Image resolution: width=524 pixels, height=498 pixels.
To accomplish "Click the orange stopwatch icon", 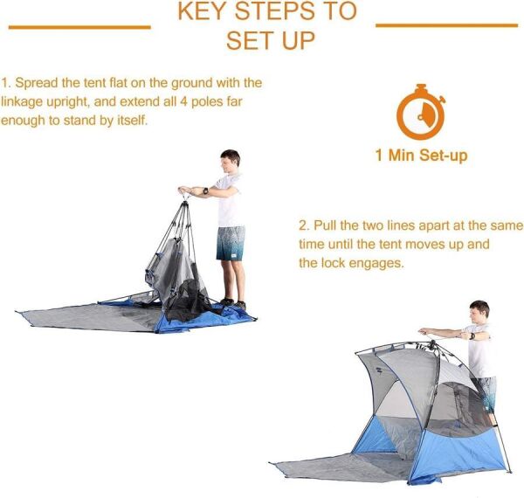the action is click(x=421, y=113).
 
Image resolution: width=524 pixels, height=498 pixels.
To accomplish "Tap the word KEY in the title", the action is click(x=203, y=11).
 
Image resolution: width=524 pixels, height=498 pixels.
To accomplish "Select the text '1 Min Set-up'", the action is click(x=422, y=156).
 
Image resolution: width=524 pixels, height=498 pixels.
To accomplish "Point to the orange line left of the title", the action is click(x=79, y=27).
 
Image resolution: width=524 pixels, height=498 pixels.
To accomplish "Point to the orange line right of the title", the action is click(x=447, y=25).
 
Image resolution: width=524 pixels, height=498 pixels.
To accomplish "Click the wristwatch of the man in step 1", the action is click(x=205, y=190).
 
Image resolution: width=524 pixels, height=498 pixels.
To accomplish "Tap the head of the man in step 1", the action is click(x=231, y=161).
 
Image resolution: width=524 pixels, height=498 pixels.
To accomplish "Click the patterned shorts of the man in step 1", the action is click(x=231, y=243).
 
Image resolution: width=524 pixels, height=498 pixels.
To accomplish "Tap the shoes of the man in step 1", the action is click(x=233, y=303).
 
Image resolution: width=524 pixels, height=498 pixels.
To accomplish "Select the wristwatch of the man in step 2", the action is click(x=472, y=335).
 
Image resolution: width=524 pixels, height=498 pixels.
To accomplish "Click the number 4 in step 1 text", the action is click(x=183, y=101).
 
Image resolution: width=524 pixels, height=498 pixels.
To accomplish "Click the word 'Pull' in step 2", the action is click(x=325, y=225).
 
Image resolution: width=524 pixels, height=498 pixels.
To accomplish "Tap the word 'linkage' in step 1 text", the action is click(x=22, y=102).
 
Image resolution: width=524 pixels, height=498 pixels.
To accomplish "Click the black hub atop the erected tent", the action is click(x=432, y=343).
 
